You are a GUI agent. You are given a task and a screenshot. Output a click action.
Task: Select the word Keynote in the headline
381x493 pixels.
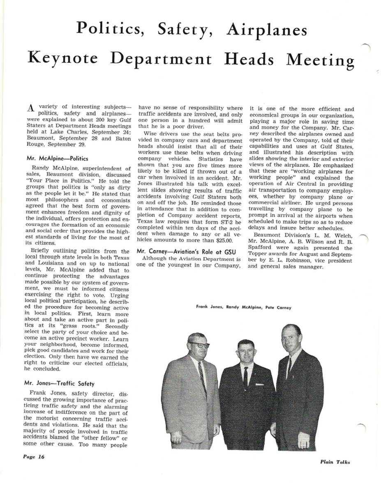(x=63, y=59)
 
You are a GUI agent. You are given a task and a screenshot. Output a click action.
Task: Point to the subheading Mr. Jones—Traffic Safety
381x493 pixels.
(x=59, y=384)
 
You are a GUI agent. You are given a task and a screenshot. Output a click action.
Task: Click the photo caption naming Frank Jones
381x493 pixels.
(x=207, y=307)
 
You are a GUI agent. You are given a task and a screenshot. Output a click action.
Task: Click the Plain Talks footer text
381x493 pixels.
(x=335, y=462)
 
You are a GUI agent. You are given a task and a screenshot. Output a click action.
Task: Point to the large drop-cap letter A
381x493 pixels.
(x=30, y=109)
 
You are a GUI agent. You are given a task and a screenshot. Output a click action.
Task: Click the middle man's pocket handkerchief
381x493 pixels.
(x=259, y=384)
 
